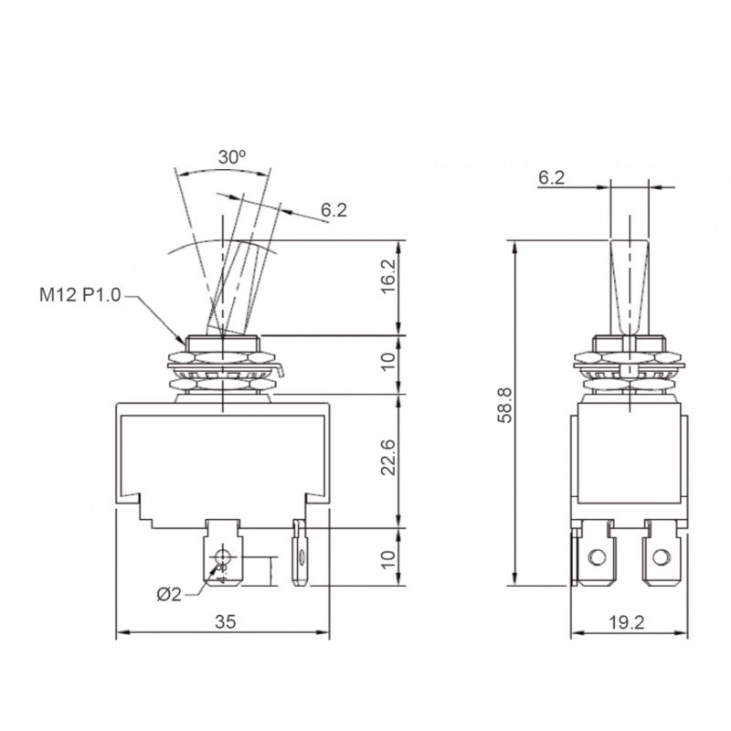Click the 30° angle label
pos(231,156)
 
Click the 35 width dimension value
pos(225,621)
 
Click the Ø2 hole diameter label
pos(169,594)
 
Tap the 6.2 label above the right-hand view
pos(552,178)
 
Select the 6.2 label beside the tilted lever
pos(334,210)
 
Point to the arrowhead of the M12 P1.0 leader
pos(183,340)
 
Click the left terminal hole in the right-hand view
pos(597,556)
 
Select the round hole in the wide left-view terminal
pos(220,555)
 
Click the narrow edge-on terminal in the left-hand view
pos(298,553)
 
